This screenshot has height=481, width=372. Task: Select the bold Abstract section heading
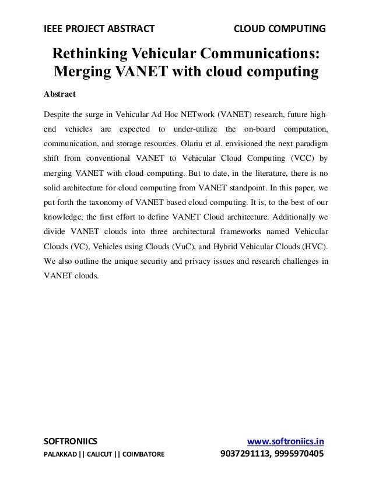(x=60, y=94)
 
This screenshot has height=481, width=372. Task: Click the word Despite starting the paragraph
(x=59, y=113)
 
